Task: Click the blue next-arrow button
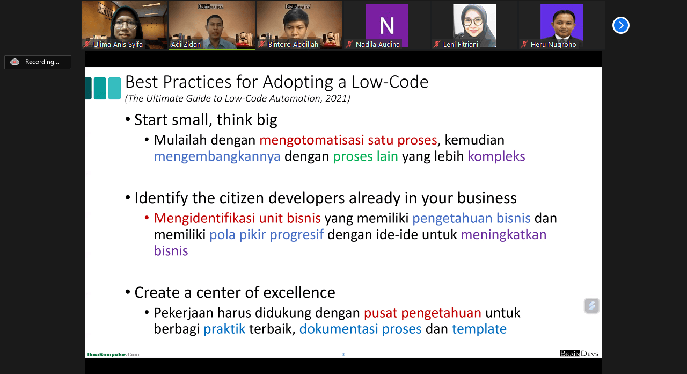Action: [x=621, y=25]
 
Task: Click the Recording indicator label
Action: [x=42, y=62]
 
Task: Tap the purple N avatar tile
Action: [x=387, y=25]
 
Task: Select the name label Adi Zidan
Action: [x=186, y=44]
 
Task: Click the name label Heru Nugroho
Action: [x=553, y=44]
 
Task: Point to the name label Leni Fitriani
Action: [x=461, y=44]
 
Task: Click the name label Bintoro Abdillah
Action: [x=293, y=44]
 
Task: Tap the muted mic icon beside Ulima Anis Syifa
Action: [x=87, y=44]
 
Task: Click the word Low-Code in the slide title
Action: [x=390, y=82]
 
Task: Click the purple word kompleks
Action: [x=496, y=156]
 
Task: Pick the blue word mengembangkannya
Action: [x=217, y=156]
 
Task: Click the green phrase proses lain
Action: [x=366, y=156]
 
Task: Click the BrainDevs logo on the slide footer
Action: [x=579, y=354]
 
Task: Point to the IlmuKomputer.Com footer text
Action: [x=113, y=354]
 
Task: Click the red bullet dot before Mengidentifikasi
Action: [x=147, y=218]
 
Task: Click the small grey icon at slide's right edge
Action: [x=591, y=306]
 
